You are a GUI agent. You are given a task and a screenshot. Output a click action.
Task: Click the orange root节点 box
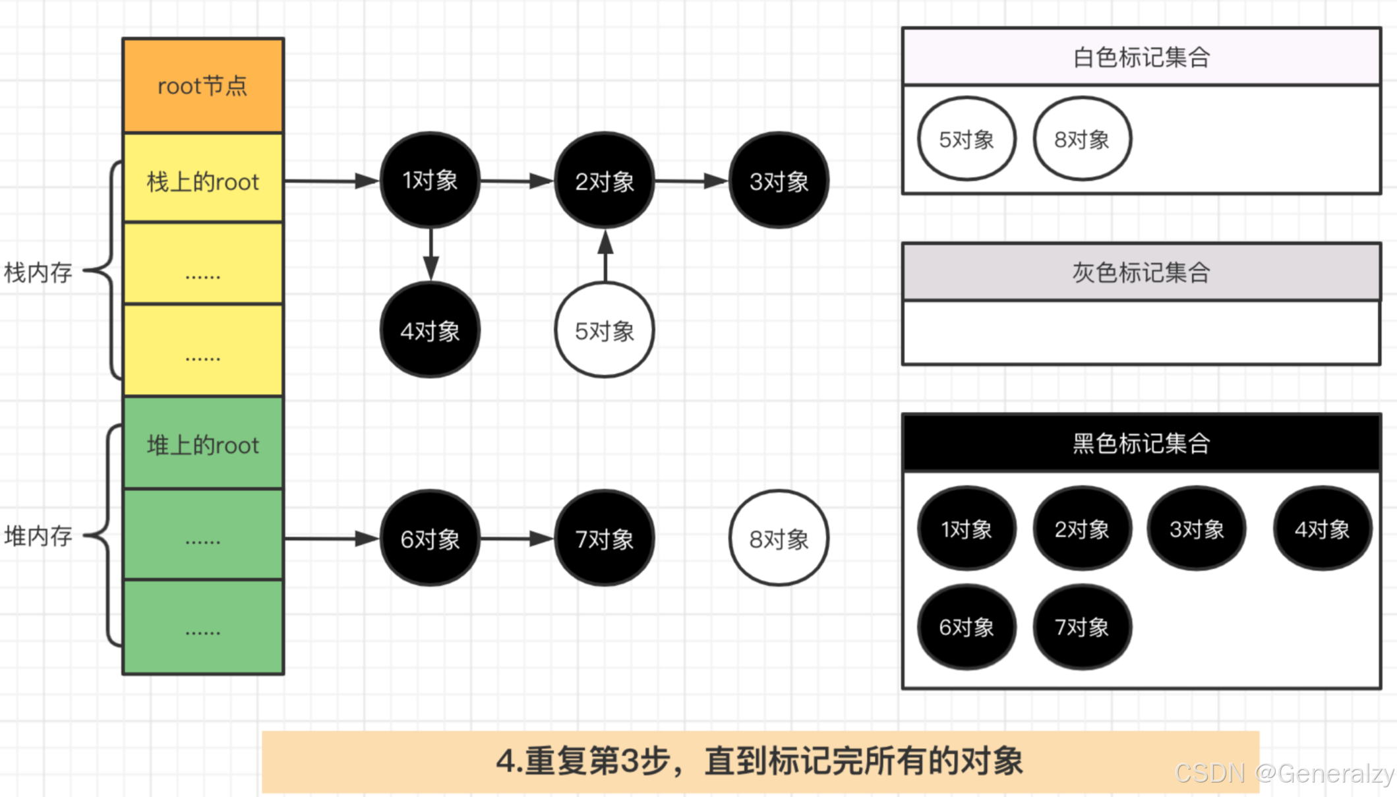pos(203,86)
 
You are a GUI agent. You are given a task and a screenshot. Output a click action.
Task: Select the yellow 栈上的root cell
pos(203,181)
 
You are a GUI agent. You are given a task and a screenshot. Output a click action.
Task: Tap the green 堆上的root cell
pos(203,445)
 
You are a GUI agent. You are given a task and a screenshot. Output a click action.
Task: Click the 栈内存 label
pos(38,272)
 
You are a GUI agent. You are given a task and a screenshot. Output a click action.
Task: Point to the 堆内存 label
pos(38,536)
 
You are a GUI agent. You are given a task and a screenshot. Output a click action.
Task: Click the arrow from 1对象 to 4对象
pos(431,254)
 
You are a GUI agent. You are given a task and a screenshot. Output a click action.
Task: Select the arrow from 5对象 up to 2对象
pos(605,256)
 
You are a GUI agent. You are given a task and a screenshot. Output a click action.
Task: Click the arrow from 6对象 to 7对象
pos(517,539)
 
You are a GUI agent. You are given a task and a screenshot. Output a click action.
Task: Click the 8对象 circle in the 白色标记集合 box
pos(1082,139)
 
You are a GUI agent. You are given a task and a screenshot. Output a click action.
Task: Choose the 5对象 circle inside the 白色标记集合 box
pos(966,139)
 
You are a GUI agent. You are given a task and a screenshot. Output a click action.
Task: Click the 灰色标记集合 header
pos(1141,272)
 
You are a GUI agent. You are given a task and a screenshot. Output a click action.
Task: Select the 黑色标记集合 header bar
pos(1141,443)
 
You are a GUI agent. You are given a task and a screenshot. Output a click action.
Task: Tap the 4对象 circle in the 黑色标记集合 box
pos(1322,529)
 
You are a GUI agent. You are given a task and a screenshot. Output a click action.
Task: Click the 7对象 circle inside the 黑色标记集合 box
pos(1082,627)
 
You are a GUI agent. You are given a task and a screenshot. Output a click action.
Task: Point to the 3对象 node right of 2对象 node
pos(779,181)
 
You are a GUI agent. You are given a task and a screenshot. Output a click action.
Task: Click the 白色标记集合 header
pos(1141,57)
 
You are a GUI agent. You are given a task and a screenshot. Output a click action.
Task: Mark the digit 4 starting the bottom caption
pos(506,761)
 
